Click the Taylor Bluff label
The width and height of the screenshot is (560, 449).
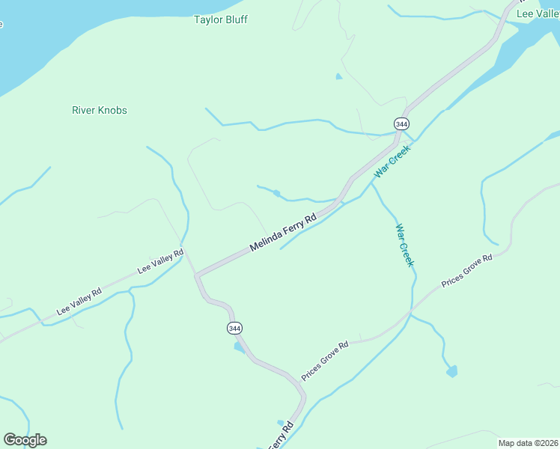click(x=220, y=19)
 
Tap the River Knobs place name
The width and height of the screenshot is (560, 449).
click(x=100, y=110)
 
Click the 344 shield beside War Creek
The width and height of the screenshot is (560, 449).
click(x=402, y=123)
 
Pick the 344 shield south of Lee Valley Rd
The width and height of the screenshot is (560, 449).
click(x=234, y=329)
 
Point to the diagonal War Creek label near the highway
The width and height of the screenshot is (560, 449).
click(x=392, y=160)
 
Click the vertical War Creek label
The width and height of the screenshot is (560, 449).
click(x=404, y=245)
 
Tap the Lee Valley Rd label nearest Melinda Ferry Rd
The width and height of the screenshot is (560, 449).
click(x=160, y=261)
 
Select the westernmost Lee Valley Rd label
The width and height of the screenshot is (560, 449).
click(x=79, y=302)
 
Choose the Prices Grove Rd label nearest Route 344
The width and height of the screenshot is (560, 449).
click(x=325, y=360)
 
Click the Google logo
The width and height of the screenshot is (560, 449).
click(x=25, y=440)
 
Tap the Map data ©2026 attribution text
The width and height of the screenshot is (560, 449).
click(x=528, y=443)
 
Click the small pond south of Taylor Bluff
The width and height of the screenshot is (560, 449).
click(x=339, y=76)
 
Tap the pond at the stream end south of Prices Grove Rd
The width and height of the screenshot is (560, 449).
click(x=451, y=371)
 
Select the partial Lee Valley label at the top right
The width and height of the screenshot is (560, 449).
click(x=538, y=13)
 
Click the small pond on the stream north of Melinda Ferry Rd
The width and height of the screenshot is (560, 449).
click(x=277, y=194)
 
